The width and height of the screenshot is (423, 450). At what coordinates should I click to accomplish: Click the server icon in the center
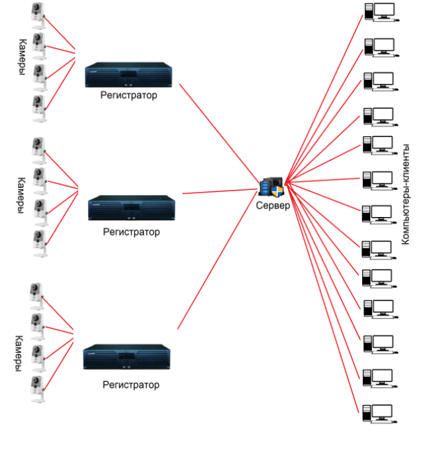(x=272, y=187)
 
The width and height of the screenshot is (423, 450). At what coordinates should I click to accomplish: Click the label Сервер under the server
(x=273, y=206)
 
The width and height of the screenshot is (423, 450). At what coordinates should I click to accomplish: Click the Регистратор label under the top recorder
(x=129, y=95)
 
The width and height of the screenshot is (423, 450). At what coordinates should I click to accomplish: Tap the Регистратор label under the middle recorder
(x=132, y=232)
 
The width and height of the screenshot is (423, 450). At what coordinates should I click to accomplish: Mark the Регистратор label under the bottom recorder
(x=131, y=384)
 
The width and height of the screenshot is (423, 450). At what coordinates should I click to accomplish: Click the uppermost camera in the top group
(x=38, y=15)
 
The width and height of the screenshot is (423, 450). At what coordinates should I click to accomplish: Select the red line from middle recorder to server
(x=218, y=191)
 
